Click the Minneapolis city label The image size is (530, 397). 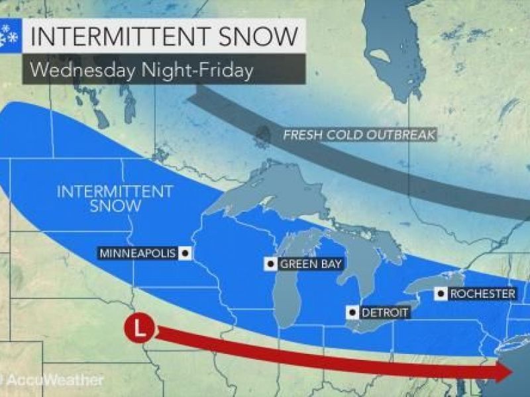pos(137,253)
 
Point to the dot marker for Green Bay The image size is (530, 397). pos(270,264)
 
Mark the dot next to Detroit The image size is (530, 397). pos(353,312)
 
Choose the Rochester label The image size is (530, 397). pos(482,293)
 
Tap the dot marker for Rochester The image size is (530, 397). pos(439,293)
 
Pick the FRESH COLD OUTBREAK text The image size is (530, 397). pos(358,135)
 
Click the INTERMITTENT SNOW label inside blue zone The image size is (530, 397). pos(115,198)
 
